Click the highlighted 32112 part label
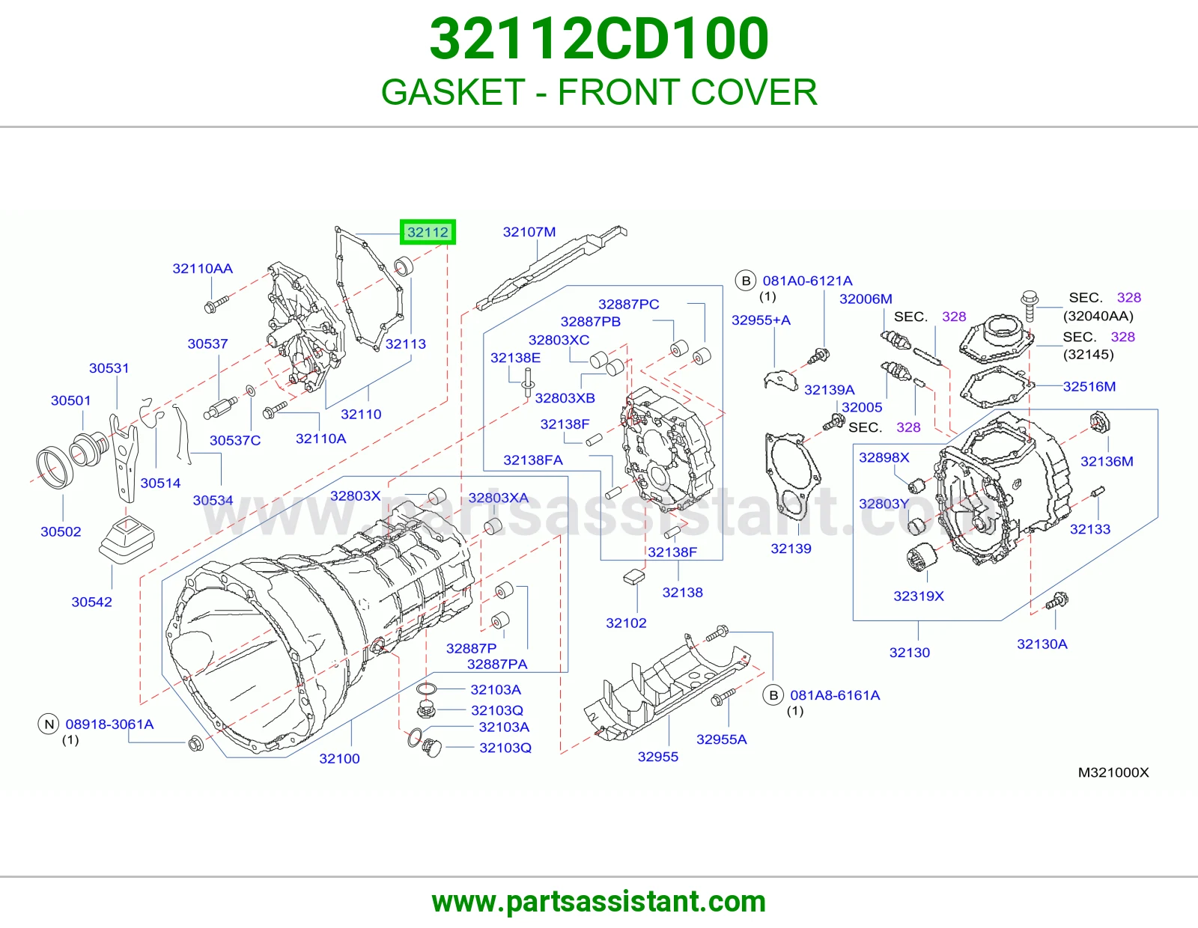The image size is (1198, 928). pos(428,232)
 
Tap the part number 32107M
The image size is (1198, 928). pos(529,232)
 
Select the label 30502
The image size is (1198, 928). pos(61,531)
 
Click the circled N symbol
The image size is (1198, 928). pos(49,724)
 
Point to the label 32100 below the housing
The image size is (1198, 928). pos(339,758)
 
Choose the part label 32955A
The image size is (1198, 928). pos(721,739)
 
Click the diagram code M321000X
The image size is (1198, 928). pos(1113,772)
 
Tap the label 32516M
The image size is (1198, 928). pos(1089,386)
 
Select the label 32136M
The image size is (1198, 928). pos(1107,461)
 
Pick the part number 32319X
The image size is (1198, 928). pos(919,596)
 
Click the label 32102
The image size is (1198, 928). pos(626,623)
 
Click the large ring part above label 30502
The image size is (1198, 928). pos(55,468)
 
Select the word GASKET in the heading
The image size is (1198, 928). pos(453,92)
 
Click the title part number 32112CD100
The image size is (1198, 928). pos(599,39)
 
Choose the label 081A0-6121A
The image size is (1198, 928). pos(807,281)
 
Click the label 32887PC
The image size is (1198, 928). pos(628,304)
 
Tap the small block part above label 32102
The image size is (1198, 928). pos(634,576)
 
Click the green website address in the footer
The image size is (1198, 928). pos(599,902)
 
